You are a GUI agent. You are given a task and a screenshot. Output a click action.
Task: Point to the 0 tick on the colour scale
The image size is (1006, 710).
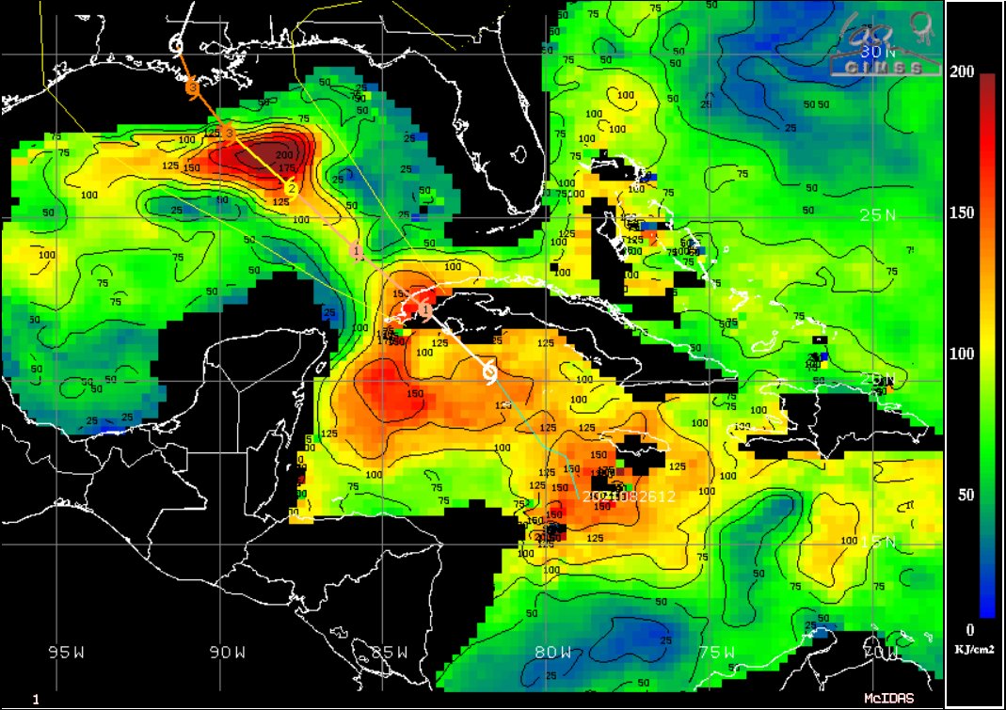coord(969,629)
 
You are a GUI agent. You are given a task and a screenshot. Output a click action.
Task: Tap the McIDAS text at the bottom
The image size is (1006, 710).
coord(888,699)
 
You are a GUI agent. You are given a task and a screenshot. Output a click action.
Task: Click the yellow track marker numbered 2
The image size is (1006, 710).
coord(292,189)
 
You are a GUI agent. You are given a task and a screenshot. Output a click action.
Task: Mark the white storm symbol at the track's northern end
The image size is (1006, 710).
coord(176,42)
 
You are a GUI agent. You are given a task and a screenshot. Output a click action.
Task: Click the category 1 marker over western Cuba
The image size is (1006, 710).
coord(425,308)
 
